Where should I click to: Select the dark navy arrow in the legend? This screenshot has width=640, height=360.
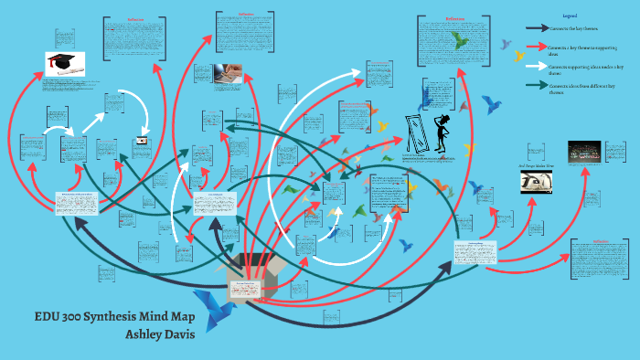[x=537, y=27]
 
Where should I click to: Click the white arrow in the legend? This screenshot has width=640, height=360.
[x=537, y=66]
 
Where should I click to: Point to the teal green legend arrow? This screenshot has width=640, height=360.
[x=537, y=86]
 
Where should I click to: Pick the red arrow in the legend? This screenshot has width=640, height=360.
[x=537, y=46]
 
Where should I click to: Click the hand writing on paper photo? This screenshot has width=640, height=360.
[x=229, y=74]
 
